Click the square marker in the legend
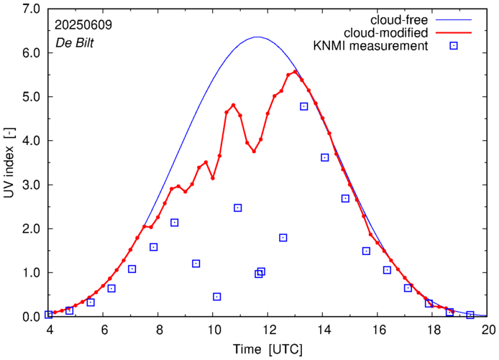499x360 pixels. [x=454, y=47]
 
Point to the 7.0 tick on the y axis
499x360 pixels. [x=29, y=9]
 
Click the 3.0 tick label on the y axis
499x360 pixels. [x=29, y=185]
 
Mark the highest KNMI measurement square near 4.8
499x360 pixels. [x=304, y=106]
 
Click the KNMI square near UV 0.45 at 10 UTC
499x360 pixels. [x=217, y=297]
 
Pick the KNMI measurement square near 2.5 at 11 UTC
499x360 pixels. [x=238, y=208]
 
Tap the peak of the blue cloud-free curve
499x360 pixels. [x=257, y=37]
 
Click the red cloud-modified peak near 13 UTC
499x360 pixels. [x=295, y=72]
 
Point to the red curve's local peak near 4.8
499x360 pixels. [x=233, y=105]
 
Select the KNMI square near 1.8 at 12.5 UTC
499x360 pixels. [x=283, y=238]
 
